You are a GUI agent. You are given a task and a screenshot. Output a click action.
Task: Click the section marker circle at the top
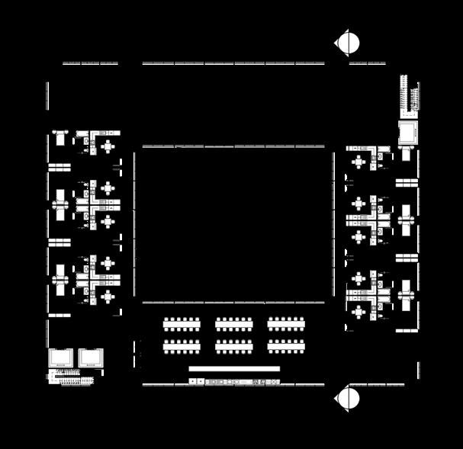pyautogui.click(x=348, y=43)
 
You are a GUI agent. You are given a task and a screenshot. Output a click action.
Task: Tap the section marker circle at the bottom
pyautogui.click(x=348, y=398)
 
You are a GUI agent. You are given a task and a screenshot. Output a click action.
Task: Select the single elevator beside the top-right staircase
pyautogui.click(x=408, y=132)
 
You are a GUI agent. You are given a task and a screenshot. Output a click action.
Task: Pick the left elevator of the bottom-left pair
pyautogui.click(x=61, y=358)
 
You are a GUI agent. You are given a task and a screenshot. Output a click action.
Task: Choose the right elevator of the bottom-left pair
pyautogui.click(x=90, y=358)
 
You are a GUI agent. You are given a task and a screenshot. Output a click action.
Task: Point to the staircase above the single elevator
pyautogui.click(x=410, y=96)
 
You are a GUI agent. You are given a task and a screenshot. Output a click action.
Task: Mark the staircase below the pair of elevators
pyautogui.click(x=75, y=376)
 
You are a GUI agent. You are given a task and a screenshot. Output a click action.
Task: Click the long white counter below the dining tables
pyautogui.click(x=234, y=369)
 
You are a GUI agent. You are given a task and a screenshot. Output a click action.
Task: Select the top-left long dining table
pyautogui.click(x=182, y=324)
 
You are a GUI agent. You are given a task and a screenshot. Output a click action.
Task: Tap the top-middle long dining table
pyautogui.click(x=234, y=324)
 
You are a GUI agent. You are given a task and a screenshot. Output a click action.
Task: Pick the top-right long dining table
pyautogui.click(x=286, y=324)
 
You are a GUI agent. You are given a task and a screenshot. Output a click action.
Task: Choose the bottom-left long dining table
pyautogui.click(x=182, y=346)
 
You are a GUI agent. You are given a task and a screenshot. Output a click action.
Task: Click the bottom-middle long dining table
pyautogui.click(x=234, y=346)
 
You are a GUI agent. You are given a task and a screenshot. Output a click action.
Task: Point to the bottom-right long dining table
pyautogui.click(x=286, y=346)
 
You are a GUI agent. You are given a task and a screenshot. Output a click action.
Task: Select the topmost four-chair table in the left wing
pyautogui.click(x=108, y=145)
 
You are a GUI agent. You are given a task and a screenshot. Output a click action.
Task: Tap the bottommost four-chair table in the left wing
pyautogui.click(x=108, y=296)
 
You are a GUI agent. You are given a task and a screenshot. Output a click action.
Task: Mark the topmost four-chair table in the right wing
pyautogui.click(x=359, y=162)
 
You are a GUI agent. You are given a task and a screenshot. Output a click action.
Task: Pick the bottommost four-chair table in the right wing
pyautogui.click(x=359, y=312)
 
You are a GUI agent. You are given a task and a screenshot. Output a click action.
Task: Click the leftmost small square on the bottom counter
pyautogui.click(x=191, y=381)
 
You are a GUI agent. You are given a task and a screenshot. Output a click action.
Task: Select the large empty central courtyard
pyautogui.click(x=234, y=224)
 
